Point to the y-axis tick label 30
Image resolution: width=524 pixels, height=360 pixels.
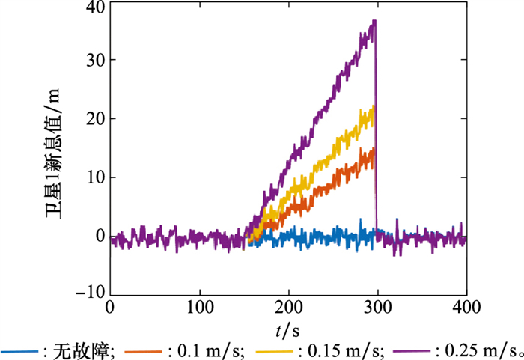point(96,60)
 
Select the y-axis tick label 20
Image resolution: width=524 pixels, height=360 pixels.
point(96,118)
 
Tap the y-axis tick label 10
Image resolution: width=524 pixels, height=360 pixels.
point(96,177)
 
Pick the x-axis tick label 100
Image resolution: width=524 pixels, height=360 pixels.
point(199,308)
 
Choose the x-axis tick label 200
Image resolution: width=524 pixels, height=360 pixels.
point(288,308)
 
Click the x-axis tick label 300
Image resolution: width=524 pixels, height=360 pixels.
point(377,308)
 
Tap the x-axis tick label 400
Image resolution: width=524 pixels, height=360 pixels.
point(466,308)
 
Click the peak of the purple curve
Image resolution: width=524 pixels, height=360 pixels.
point(374,21)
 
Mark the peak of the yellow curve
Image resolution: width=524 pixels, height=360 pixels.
point(372,106)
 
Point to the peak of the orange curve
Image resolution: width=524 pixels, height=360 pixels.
point(372,148)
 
